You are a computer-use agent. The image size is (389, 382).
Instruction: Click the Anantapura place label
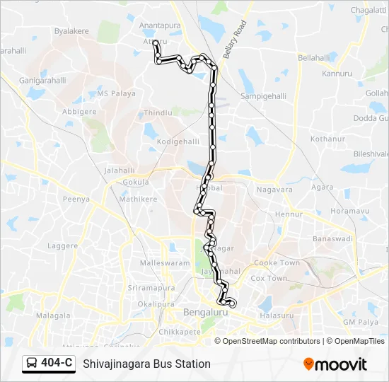[160, 25]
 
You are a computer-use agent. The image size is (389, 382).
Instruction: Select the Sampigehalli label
[264, 95]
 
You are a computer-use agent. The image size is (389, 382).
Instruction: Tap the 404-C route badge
[49, 364]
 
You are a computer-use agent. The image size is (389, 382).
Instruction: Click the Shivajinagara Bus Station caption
[147, 364]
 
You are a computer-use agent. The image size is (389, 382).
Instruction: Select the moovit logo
[336, 364]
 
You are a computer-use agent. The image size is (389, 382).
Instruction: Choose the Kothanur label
[327, 139]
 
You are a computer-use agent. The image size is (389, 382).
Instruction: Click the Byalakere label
[74, 32]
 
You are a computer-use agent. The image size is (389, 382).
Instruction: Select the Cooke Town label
[277, 262]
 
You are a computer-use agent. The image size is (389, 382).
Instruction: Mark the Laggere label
[62, 245]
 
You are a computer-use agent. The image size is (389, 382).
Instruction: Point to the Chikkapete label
[180, 330]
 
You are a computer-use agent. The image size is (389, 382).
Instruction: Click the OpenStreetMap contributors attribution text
[272, 341]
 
